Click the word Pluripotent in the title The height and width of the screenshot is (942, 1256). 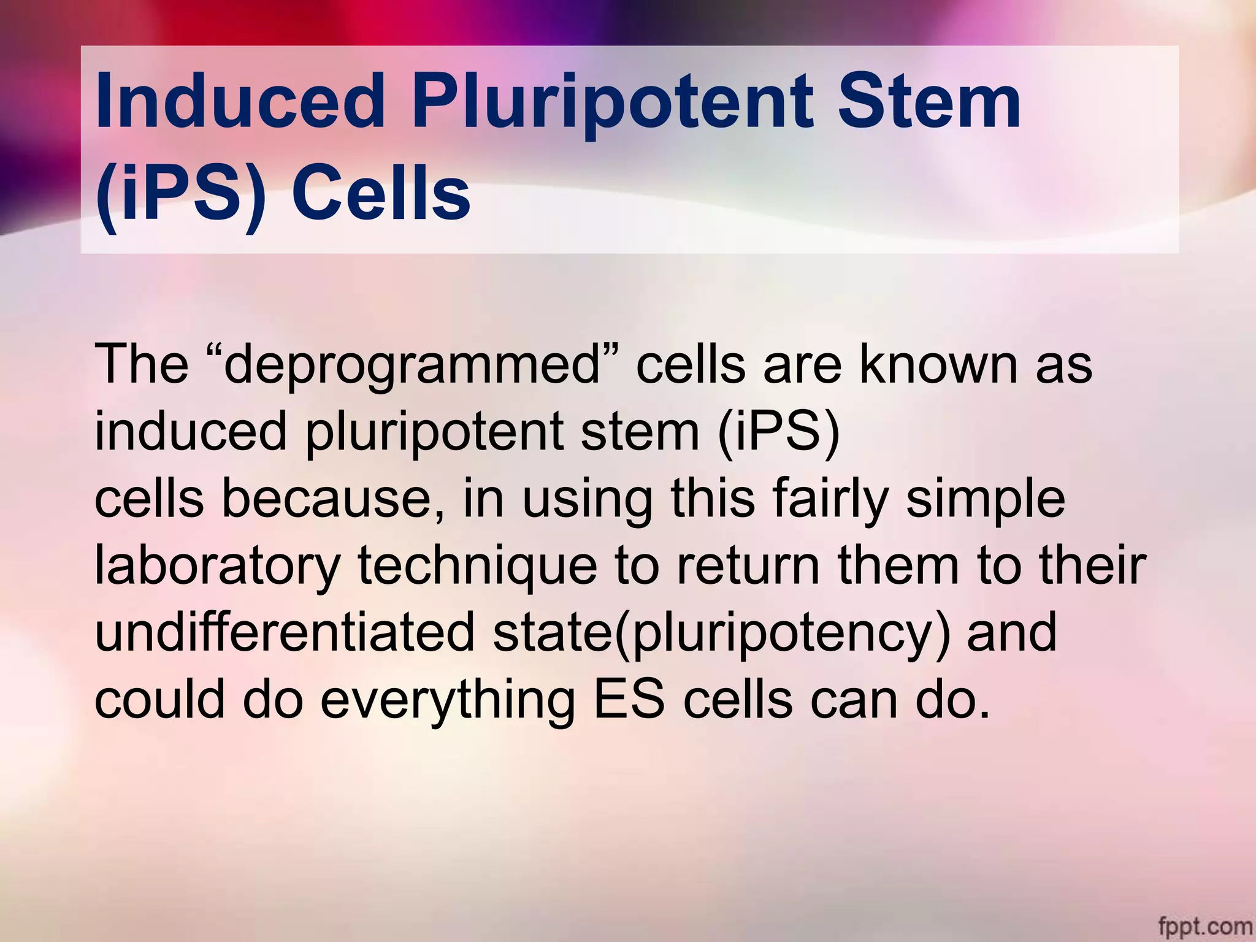click(x=618, y=101)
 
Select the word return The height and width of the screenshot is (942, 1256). click(x=748, y=566)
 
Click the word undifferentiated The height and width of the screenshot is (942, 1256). click(x=285, y=632)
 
